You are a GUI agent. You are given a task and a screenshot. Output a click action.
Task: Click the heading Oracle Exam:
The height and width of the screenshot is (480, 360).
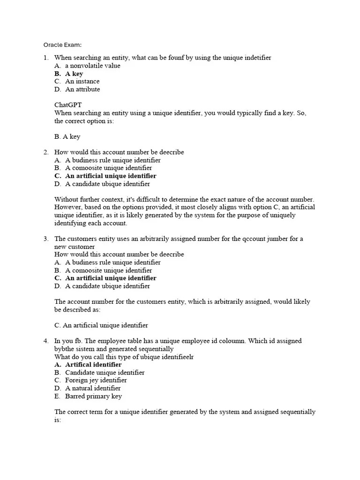click(62, 45)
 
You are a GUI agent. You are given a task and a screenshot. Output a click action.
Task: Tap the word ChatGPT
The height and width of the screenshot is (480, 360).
click(68, 105)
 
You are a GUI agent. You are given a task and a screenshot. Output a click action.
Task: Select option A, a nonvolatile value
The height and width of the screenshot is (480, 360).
click(92, 66)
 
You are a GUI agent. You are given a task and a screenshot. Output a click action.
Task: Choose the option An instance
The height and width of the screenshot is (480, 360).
click(82, 82)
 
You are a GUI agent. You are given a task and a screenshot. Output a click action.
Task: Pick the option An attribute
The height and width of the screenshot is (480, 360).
click(82, 89)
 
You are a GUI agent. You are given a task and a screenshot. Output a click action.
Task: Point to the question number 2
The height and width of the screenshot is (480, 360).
click(46, 152)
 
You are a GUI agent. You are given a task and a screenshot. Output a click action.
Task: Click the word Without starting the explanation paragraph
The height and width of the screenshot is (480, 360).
click(67, 200)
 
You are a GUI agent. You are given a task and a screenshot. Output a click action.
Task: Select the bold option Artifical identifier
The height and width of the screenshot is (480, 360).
click(93, 365)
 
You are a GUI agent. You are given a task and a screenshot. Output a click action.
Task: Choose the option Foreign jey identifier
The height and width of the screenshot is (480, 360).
click(96, 380)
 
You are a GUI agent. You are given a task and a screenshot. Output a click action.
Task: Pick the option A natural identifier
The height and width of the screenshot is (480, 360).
click(93, 388)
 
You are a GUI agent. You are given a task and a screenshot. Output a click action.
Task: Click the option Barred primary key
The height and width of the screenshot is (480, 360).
click(93, 396)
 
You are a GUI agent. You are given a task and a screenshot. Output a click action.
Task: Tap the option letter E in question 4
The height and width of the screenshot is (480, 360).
click(57, 396)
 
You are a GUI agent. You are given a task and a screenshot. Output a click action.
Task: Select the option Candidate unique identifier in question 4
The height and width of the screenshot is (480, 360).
click(105, 373)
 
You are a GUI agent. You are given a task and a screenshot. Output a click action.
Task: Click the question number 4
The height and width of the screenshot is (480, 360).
click(46, 341)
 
